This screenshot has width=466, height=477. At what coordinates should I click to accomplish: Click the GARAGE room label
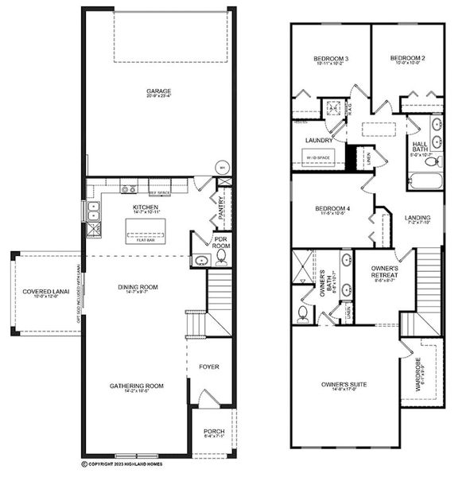coord(158,91)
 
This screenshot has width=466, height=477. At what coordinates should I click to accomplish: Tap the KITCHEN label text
coord(146,207)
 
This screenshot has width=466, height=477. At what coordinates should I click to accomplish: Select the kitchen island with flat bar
coord(146,232)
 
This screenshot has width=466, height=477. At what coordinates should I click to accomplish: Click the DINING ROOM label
coord(138,287)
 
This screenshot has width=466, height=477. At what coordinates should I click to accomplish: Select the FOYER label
coord(209,366)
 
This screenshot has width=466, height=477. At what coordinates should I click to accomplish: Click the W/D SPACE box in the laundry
coord(321,158)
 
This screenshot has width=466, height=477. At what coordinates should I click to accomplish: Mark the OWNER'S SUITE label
coord(344,385)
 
